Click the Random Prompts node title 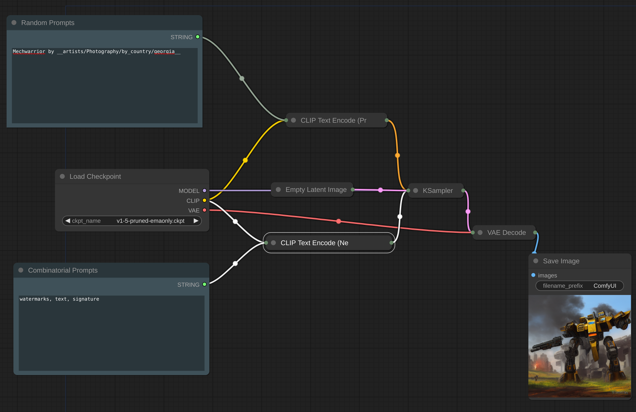pyautogui.click(x=48, y=23)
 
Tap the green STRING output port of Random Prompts pyautogui.click(x=197, y=37)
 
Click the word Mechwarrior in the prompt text pyautogui.click(x=29, y=51)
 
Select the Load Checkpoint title pyautogui.click(x=95, y=177)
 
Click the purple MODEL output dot pyautogui.click(x=204, y=191)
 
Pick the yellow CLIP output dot pyautogui.click(x=204, y=200)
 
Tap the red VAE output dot pyautogui.click(x=204, y=210)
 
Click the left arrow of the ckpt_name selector pyautogui.click(x=68, y=221)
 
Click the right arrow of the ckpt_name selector pyautogui.click(x=196, y=221)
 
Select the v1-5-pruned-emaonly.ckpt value pyautogui.click(x=150, y=221)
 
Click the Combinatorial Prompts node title pyautogui.click(x=63, y=270)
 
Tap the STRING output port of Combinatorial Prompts pyautogui.click(x=204, y=284)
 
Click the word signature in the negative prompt pyautogui.click(x=86, y=299)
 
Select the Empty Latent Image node pyautogui.click(x=316, y=190)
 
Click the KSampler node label pyautogui.click(x=438, y=191)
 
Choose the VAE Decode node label pyautogui.click(x=506, y=233)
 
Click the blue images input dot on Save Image pyautogui.click(x=533, y=275)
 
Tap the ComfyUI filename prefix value pyautogui.click(x=605, y=286)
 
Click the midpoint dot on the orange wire pyautogui.click(x=397, y=155)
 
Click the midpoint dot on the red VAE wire pyautogui.click(x=339, y=221)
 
